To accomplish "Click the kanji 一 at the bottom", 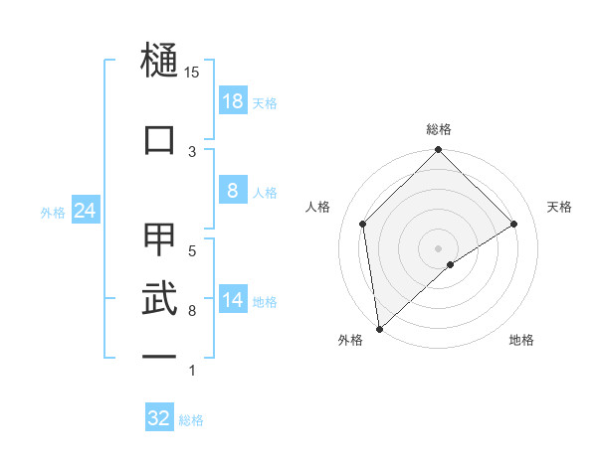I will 159,355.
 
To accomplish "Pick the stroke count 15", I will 192,73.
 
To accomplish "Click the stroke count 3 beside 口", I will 192,151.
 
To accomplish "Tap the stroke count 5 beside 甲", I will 192,250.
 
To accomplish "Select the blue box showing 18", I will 232,101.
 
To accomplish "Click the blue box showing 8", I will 232,192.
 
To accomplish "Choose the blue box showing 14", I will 232,301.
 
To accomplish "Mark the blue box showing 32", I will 159,418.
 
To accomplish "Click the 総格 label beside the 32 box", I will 192,420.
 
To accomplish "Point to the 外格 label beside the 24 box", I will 53,212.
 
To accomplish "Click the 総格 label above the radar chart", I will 439,129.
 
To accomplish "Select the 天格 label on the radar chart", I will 560,207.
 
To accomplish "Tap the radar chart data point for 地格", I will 451,264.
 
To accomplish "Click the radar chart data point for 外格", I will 379,329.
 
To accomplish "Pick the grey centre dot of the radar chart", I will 439,247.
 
